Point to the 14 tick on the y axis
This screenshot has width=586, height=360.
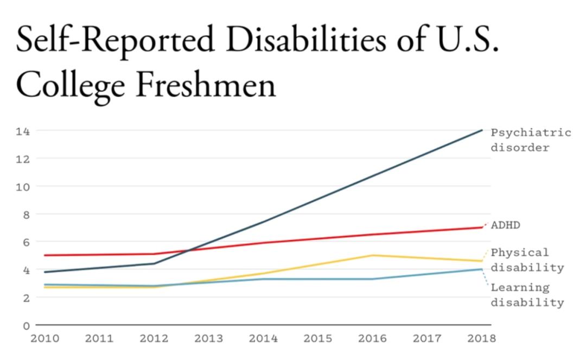coord(23,131)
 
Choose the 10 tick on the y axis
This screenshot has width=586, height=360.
coord(23,186)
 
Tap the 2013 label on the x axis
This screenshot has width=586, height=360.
coord(209,339)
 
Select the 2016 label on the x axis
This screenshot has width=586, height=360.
coord(372,339)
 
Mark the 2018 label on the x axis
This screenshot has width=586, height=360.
coord(481,339)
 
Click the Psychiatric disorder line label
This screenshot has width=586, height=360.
coord(531,140)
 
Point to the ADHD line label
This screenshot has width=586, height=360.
coord(505,225)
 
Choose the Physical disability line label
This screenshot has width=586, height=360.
coord(527,260)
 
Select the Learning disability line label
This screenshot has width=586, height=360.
coord(527,295)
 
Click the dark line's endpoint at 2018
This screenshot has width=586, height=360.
coord(482,130)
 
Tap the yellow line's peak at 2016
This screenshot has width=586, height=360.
coord(373,255)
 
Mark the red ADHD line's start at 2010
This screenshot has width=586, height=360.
coord(46,255)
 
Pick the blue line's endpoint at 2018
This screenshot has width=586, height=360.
coord(482,269)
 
